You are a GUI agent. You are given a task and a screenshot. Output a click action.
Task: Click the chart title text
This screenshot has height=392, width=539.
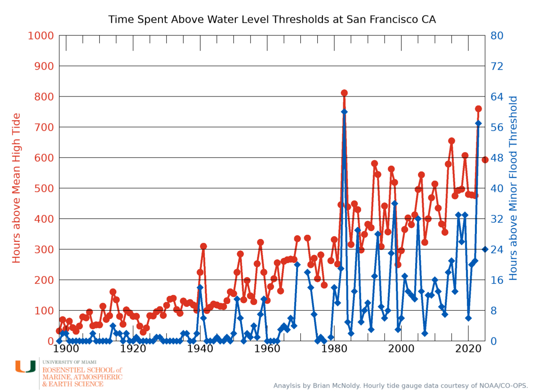click(272, 20)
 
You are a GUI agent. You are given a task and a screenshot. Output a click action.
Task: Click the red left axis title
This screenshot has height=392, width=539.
click(16, 188)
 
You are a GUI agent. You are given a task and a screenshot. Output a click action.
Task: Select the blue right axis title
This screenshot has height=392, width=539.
click(514, 188)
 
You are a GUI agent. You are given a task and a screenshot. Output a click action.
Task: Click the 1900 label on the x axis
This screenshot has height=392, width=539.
click(65, 351)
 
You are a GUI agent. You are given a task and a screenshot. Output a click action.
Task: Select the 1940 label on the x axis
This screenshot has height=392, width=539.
click(200, 351)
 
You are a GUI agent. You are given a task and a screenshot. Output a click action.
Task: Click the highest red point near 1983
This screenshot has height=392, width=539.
click(344, 93)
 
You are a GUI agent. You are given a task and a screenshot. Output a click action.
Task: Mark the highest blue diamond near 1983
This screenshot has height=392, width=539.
click(344, 112)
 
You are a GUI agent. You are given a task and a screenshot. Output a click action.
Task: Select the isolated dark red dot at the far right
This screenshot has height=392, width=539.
click(485, 160)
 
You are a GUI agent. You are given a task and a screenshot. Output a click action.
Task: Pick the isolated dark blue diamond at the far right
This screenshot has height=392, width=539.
click(485, 249)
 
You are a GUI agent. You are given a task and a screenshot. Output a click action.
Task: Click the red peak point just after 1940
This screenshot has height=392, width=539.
click(203, 246)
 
